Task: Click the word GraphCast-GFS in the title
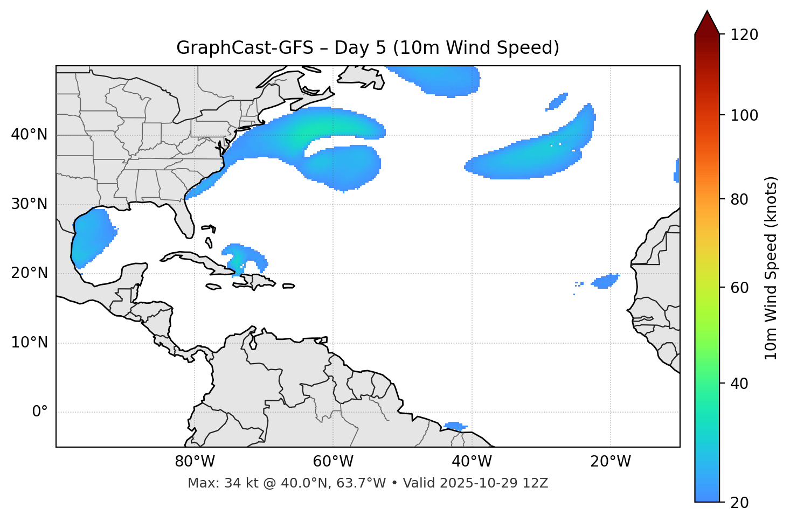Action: click(x=245, y=48)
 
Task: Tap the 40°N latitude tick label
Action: click(x=29, y=135)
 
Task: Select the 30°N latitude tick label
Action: click(x=29, y=204)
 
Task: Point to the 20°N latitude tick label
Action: click(x=29, y=273)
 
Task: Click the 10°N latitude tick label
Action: click(x=29, y=343)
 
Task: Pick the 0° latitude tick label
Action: click(x=40, y=412)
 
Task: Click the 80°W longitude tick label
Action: click(x=195, y=462)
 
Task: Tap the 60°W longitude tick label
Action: click(x=332, y=462)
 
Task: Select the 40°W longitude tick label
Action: click(x=472, y=462)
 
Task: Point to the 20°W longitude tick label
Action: click(x=610, y=462)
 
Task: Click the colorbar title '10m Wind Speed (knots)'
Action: click(x=771, y=268)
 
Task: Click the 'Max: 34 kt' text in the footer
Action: click(x=212, y=483)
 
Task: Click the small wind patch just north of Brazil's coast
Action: click(x=455, y=426)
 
